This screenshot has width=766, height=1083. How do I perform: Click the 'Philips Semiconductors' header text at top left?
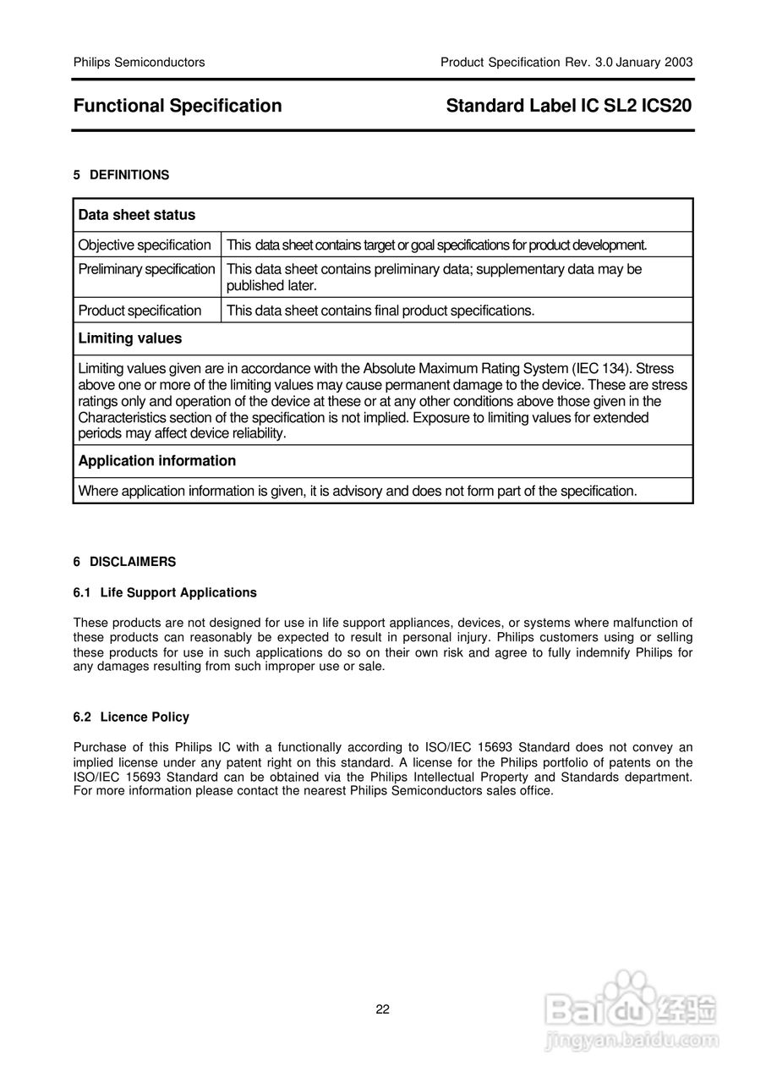click(139, 63)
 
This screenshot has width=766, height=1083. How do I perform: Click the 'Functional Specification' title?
click(178, 106)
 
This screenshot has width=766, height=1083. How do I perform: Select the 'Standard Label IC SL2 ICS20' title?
click(569, 106)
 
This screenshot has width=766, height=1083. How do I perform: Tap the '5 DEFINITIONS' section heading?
click(121, 175)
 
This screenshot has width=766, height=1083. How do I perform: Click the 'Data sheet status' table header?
click(137, 215)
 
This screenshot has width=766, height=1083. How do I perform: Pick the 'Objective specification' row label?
click(145, 245)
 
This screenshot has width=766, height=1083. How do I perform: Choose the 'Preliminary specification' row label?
click(146, 269)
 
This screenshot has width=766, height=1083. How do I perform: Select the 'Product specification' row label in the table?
click(140, 311)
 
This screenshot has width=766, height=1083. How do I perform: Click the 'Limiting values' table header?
click(129, 338)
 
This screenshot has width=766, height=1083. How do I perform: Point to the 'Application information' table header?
click(157, 461)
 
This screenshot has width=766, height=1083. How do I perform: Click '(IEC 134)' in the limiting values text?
click(602, 369)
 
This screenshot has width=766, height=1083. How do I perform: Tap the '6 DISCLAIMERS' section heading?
click(124, 562)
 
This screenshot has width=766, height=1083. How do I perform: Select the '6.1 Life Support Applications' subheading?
click(165, 592)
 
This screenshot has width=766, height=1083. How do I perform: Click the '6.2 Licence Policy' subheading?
click(131, 717)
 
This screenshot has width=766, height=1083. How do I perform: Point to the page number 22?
click(383, 1009)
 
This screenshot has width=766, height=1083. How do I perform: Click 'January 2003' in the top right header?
click(654, 63)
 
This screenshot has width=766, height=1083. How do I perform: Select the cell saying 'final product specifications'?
click(380, 311)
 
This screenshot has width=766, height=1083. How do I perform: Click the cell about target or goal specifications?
click(436, 245)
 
